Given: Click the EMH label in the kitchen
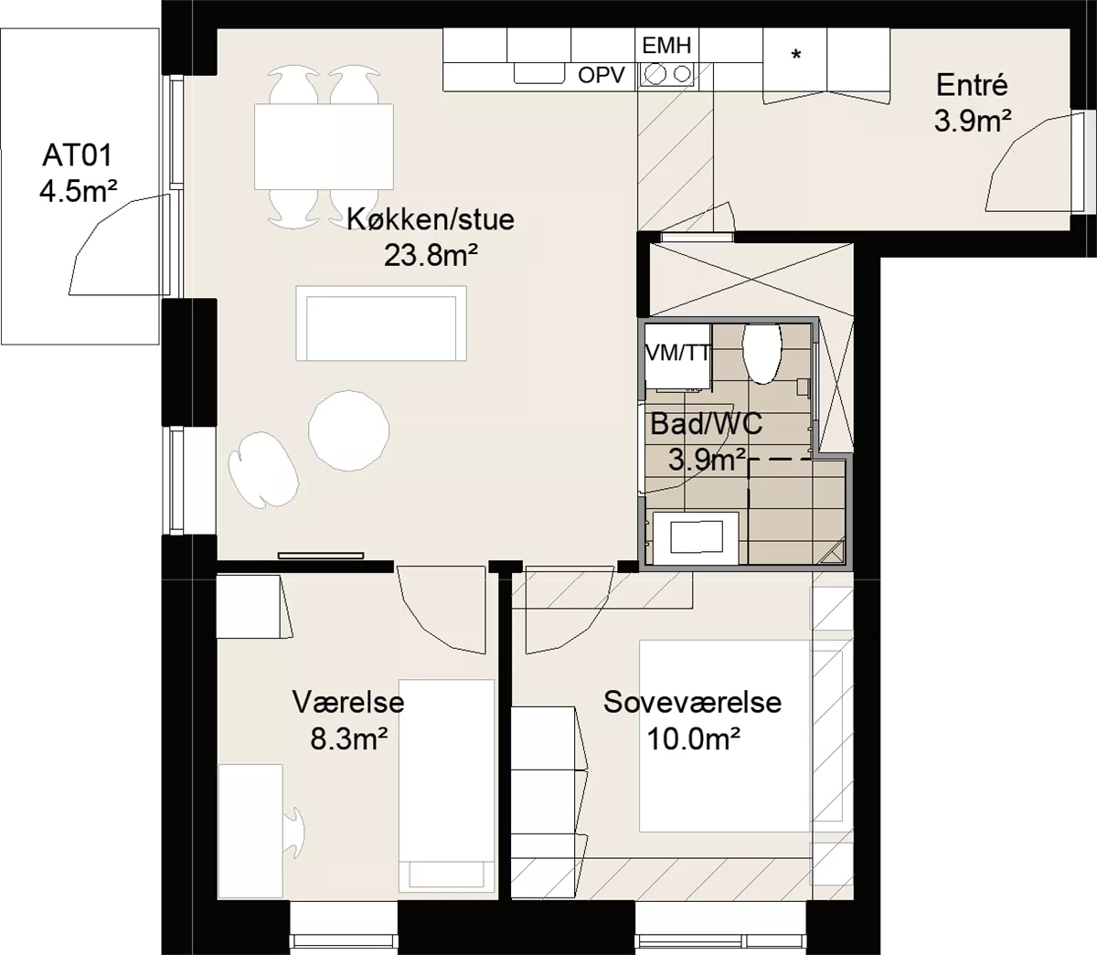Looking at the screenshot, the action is [666, 46].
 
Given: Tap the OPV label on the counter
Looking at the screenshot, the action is [601, 76].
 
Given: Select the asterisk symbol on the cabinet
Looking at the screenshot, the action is [796, 55].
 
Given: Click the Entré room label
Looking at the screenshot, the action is [972, 86].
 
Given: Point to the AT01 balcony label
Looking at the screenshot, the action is [78, 155].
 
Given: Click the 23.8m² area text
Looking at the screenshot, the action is [431, 255].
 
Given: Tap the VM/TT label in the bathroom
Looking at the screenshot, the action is [677, 353].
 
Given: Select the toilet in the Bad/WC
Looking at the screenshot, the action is [761, 354].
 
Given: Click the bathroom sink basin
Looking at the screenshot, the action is [696, 537].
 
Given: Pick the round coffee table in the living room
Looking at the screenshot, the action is [348, 430].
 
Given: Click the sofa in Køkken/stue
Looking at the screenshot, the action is [381, 324].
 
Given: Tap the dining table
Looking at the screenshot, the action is [324, 146].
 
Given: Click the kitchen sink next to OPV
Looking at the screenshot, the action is [539, 73].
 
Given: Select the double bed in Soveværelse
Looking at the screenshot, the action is [724, 736].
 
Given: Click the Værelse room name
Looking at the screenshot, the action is [348, 702].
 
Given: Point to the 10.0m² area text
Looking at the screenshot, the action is [693, 739].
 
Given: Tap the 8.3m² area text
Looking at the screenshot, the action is [349, 739].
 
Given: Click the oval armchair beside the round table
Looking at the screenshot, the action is [262, 469].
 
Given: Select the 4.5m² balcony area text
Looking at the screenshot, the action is [79, 191].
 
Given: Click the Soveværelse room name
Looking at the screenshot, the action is [692, 702].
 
